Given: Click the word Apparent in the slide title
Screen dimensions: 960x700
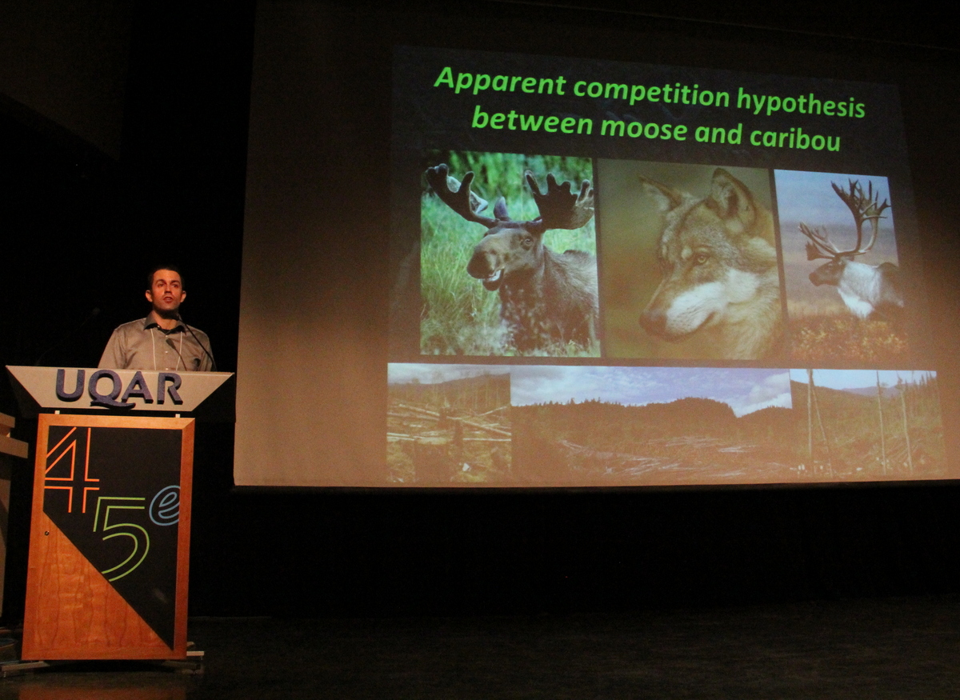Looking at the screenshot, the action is pos(500,82).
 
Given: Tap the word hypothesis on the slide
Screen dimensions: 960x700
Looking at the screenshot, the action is pos(800,103).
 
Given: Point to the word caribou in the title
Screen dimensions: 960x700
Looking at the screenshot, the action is pos(795,137).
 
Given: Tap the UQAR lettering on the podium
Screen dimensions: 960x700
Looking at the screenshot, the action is pos(119,387).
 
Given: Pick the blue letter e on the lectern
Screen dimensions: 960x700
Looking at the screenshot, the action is pos(167,506).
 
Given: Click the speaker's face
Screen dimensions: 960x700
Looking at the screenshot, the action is pos(166,292).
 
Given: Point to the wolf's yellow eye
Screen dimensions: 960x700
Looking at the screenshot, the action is pos(702,259).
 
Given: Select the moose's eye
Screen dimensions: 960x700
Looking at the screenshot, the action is pos(526,242).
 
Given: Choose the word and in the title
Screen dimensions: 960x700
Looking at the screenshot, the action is pos(718,133).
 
